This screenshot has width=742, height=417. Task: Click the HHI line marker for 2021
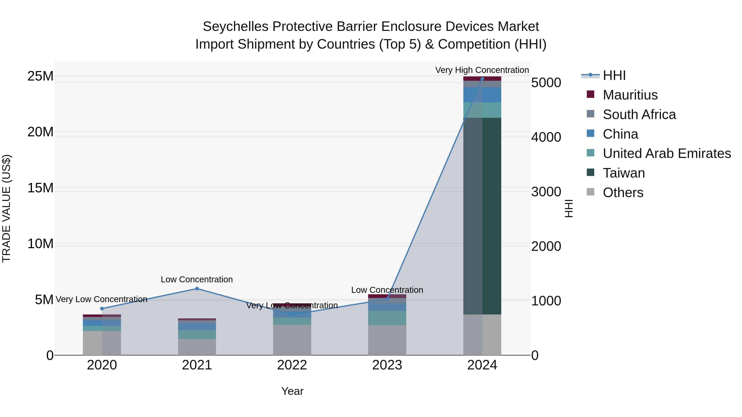197,289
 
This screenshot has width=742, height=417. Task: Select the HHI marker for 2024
482,79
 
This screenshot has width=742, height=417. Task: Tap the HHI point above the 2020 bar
102,308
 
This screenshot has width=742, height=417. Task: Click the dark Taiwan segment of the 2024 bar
482,216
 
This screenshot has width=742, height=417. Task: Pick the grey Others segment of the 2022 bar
292,340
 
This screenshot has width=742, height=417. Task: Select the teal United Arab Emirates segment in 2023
387,318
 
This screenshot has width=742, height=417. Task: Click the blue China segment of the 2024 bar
482,95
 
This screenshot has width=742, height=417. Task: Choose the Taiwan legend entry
624,173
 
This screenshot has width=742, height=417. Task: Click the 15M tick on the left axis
40,188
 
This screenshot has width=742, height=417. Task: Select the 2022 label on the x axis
292,365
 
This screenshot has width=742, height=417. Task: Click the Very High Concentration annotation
482,70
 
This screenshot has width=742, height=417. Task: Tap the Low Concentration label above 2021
197,279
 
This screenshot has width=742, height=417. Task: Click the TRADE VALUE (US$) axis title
6,208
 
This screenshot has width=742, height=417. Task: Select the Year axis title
292,391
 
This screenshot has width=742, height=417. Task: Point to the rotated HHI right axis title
569,208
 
